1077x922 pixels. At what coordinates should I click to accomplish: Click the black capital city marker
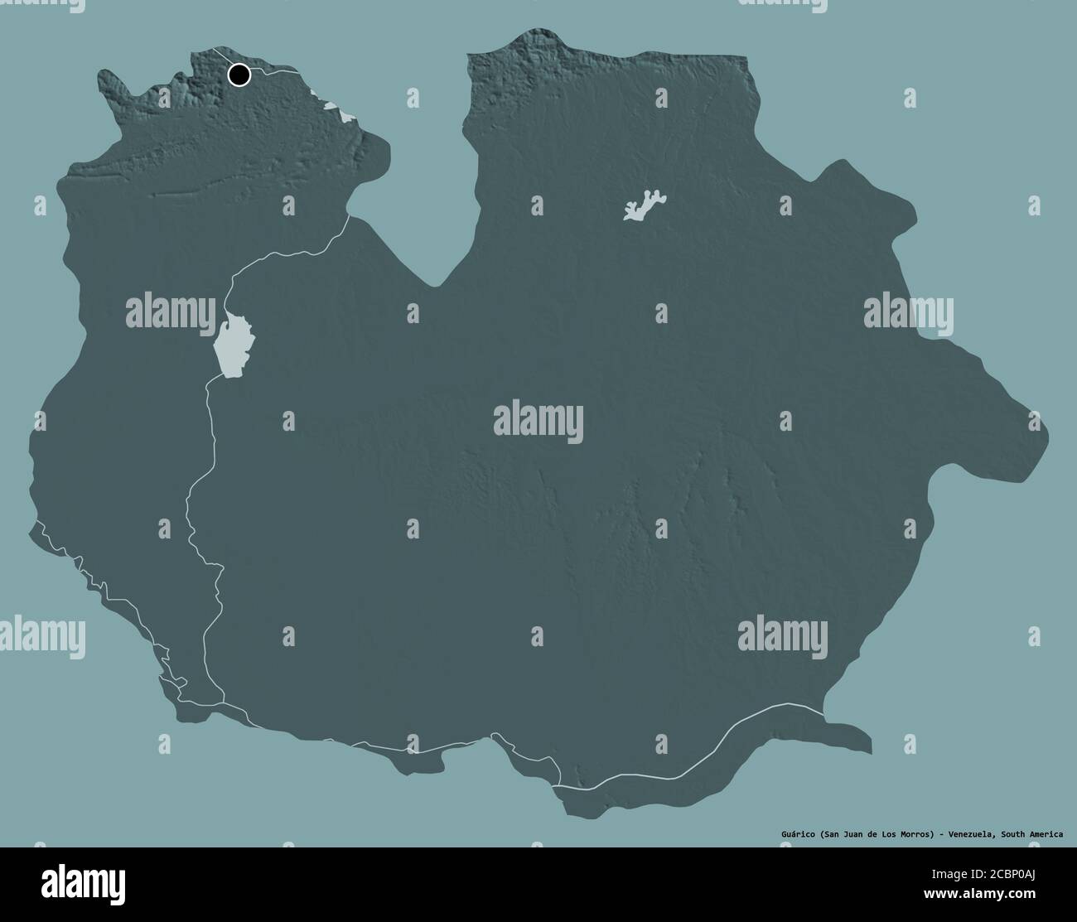click(x=239, y=75)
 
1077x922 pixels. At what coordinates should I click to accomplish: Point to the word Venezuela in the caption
click(x=969, y=834)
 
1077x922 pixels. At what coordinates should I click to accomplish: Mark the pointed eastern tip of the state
click(x=1046, y=431)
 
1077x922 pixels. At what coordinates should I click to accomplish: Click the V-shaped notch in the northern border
click(x=435, y=282)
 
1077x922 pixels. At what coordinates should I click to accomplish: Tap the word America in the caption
click(x=1045, y=834)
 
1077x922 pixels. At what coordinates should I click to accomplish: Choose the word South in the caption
click(x=1013, y=834)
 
